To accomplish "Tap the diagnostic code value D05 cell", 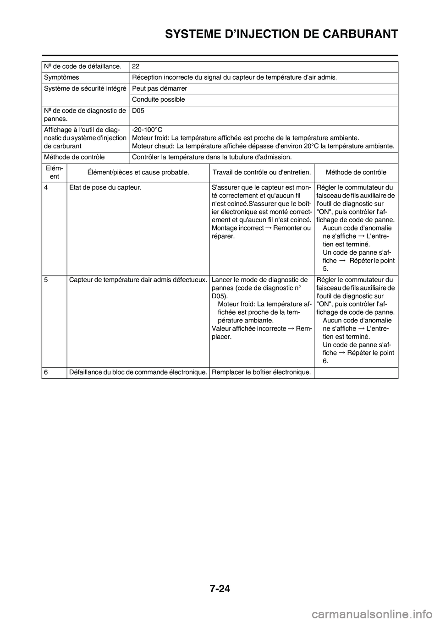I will pos(138,111).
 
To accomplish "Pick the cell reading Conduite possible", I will pos(158,99).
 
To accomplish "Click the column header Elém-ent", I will pos(54,172).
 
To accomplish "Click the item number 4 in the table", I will pos(46,187).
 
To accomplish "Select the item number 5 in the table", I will pos(46,280).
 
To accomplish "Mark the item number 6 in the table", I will pos(46,372).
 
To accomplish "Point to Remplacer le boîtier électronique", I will pos(261,372).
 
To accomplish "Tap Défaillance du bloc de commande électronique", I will pos(137,372).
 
